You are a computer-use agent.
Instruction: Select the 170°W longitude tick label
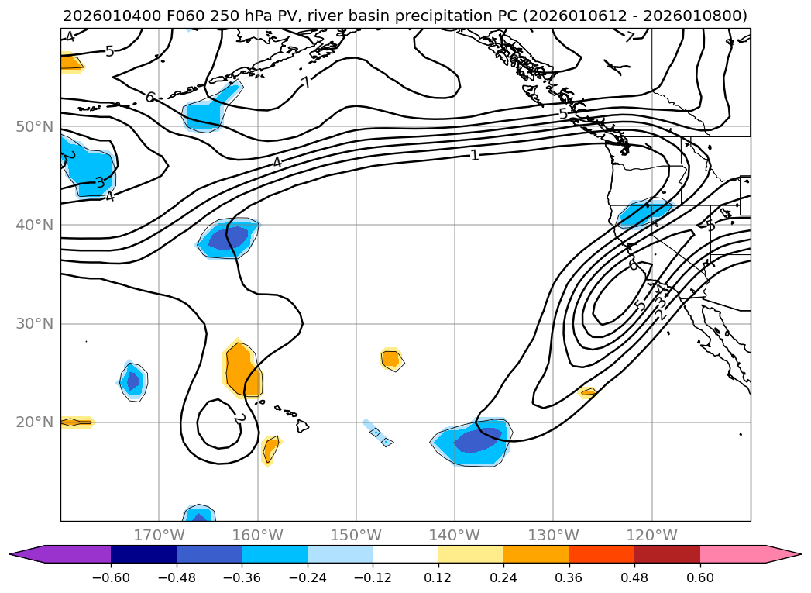coord(159,536)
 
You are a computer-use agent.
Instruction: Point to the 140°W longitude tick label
coord(455,536)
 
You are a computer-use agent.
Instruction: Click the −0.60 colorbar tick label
coord(111,577)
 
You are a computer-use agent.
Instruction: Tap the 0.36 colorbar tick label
coord(569,577)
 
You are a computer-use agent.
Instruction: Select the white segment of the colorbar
coord(405,554)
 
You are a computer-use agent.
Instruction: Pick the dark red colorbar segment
coord(667,554)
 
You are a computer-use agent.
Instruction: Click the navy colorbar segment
coord(143,554)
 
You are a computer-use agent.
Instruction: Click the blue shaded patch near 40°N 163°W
coord(227,239)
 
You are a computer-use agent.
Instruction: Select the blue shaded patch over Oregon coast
coord(643,212)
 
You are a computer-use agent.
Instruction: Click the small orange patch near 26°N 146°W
coord(391,358)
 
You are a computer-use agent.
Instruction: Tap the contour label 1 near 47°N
coord(475,155)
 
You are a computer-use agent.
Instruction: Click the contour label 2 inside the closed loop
coord(239,419)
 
